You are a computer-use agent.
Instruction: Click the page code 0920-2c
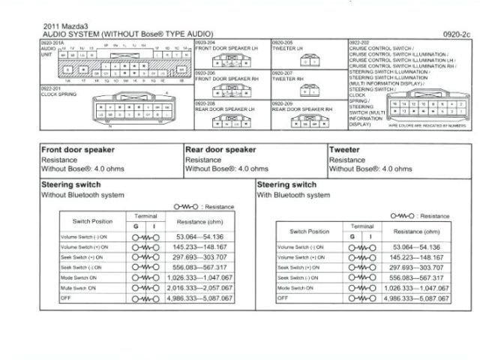[x=456, y=34]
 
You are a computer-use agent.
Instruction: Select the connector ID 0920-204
[x=205, y=43]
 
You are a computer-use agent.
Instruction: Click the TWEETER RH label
[x=288, y=78]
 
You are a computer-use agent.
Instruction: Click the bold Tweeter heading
[x=344, y=149]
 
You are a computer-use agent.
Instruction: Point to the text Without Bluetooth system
[x=82, y=194]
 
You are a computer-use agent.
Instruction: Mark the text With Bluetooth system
[x=293, y=194]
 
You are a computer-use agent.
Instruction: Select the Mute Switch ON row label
[x=78, y=287]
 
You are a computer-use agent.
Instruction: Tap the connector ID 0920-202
[x=359, y=43]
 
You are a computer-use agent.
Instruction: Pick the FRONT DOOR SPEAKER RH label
[x=227, y=78]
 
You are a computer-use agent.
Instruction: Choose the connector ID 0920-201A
[x=52, y=43]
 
